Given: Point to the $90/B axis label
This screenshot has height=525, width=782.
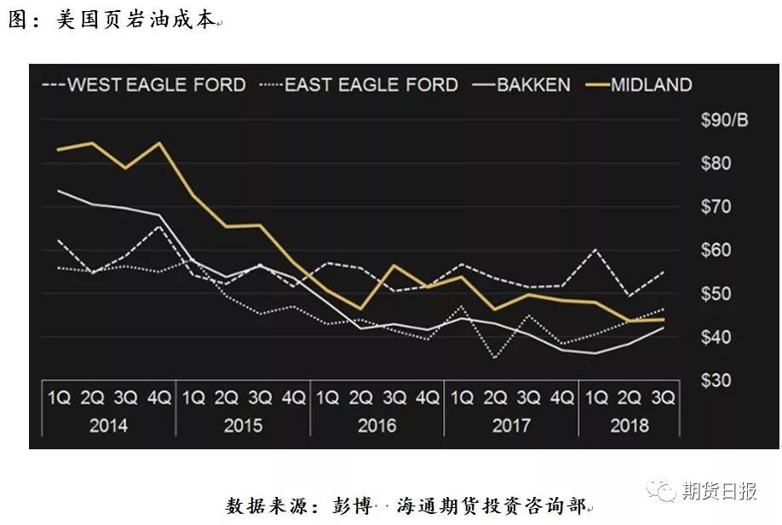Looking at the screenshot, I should pyautogui.click(x=723, y=121).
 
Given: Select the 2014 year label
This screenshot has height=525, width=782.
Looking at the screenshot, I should pyautogui.click(x=108, y=425).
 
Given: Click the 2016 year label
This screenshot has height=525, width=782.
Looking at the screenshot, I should pyautogui.click(x=377, y=425).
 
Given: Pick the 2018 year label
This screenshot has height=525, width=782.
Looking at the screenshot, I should pyautogui.click(x=629, y=425).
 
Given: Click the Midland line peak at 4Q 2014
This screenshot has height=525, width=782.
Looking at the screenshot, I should pyautogui.click(x=159, y=142).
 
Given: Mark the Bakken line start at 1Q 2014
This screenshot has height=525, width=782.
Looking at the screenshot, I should pyautogui.click(x=59, y=191).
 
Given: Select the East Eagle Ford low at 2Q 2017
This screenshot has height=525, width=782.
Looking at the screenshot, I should pyautogui.click(x=495, y=358).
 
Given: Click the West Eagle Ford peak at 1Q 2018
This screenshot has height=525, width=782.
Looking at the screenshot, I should pyautogui.click(x=595, y=250).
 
